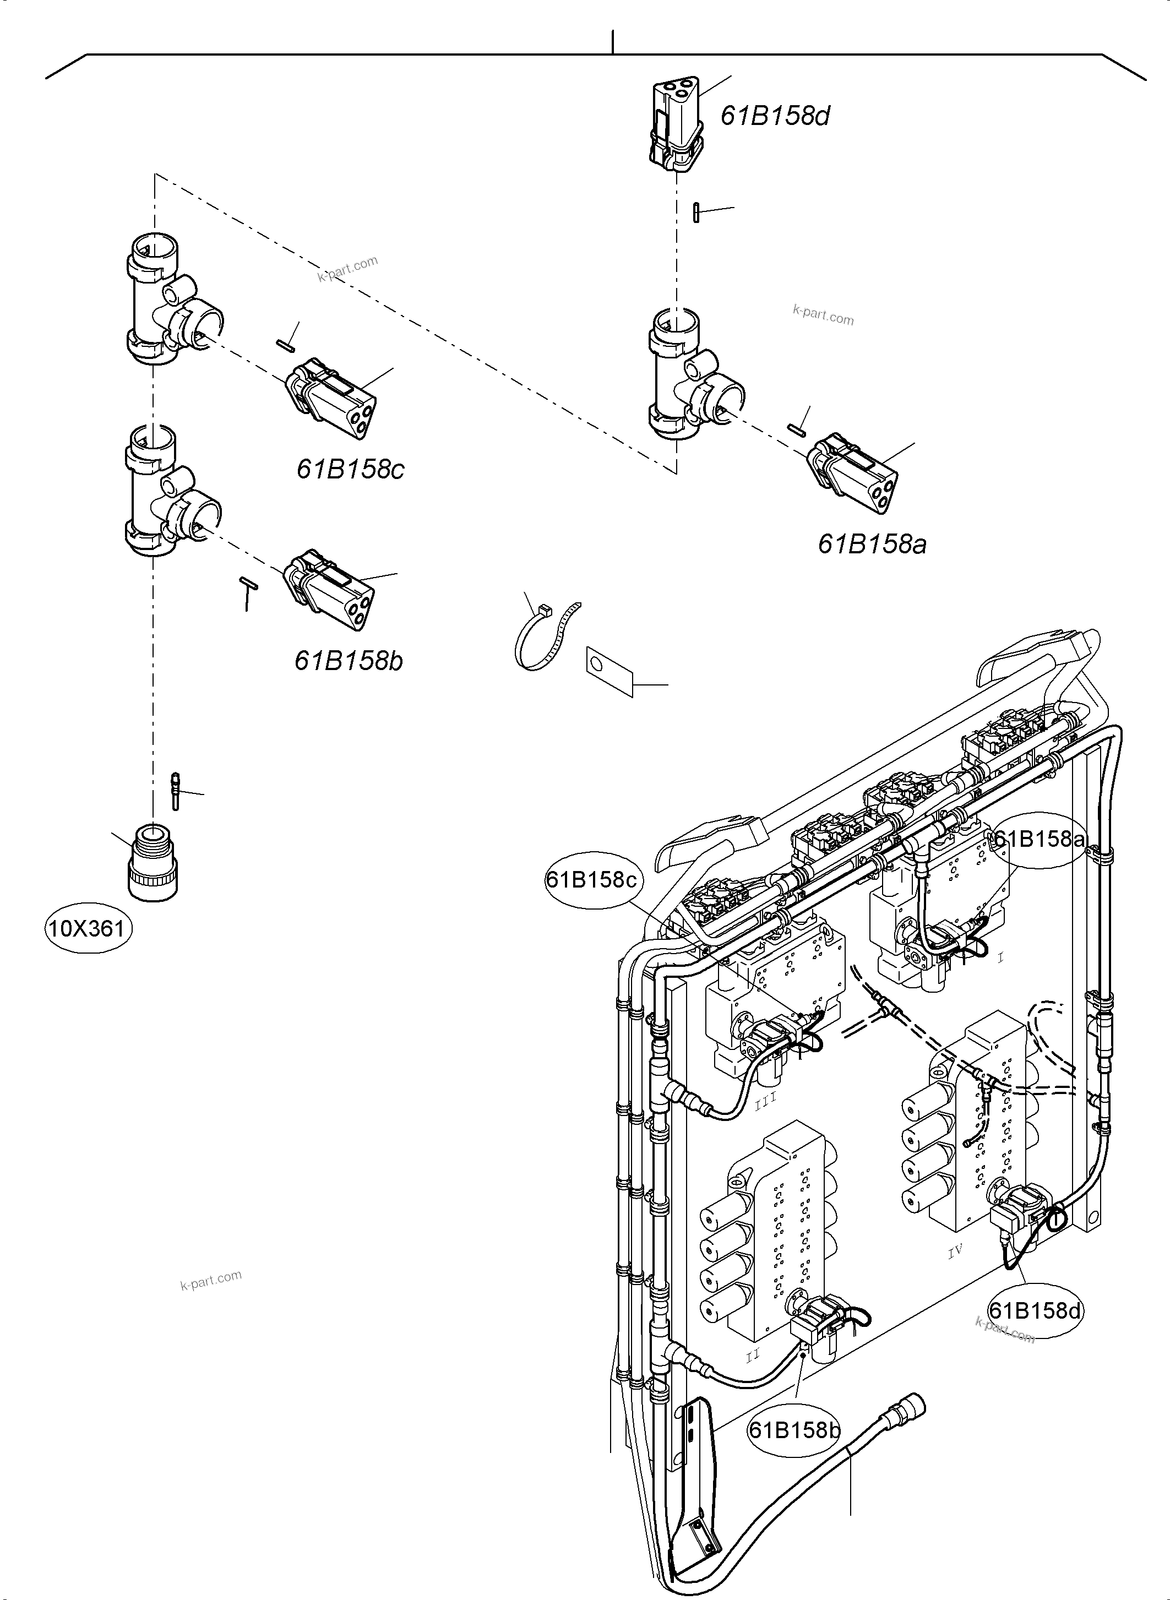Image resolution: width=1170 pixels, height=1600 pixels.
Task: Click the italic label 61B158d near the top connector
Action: [775, 116]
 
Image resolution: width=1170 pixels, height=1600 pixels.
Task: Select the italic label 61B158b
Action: [349, 661]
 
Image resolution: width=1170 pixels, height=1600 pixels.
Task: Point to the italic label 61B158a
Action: [872, 544]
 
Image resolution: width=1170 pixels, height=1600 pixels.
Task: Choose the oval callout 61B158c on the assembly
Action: [591, 880]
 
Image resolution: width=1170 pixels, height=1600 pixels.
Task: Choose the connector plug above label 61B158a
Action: [853, 470]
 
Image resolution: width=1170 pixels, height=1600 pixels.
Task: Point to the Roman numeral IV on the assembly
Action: [955, 1252]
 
